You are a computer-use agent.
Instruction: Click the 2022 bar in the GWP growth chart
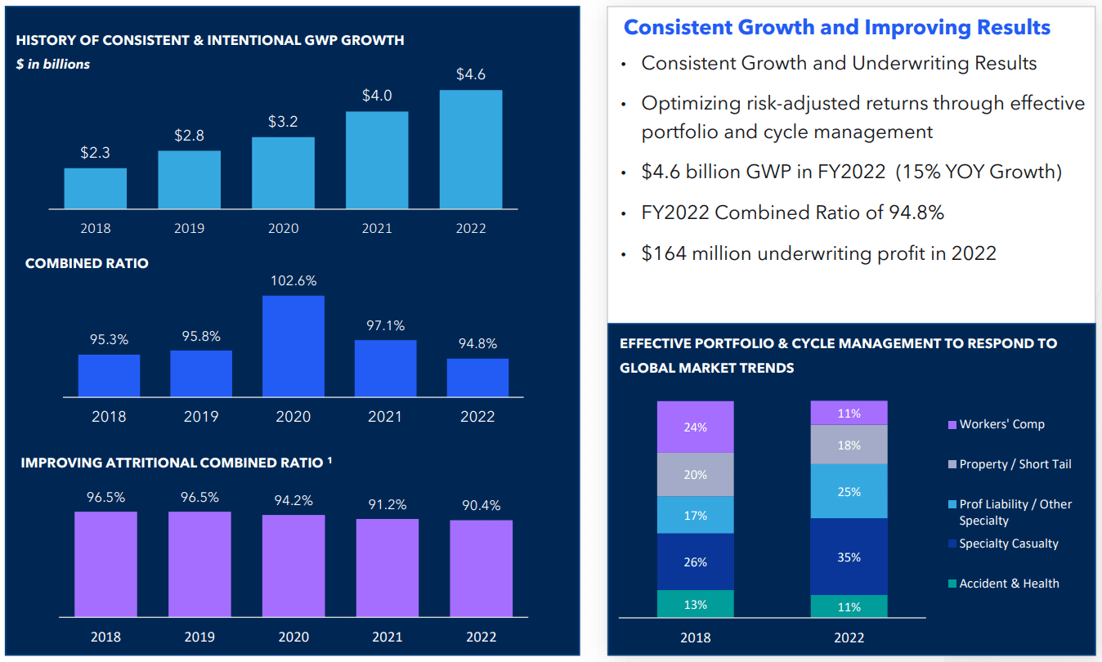tap(471, 149)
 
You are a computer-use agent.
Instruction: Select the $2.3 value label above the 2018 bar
tap(95, 153)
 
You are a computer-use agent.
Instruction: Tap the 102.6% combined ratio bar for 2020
tap(293, 346)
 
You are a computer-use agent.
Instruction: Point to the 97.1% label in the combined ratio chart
tap(385, 325)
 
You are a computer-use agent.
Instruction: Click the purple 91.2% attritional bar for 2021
tap(387, 567)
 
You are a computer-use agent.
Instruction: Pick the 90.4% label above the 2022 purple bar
tap(481, 506)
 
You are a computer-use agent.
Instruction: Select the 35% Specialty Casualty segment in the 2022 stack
tap(849, 557)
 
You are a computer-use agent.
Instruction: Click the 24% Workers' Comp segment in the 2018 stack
tap(695, 427)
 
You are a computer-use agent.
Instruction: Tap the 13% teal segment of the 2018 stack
tap(695, 604)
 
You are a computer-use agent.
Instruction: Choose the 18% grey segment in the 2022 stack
tap(849, 445)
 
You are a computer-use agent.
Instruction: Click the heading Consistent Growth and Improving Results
tap(836, 27)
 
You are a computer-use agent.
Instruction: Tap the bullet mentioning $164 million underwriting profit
tap(818, 253)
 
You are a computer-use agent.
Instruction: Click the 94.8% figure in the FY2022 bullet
tap(915, 212)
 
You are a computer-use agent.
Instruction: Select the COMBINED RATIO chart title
tap(87, 264)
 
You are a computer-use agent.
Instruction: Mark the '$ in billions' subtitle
tap(53, 64)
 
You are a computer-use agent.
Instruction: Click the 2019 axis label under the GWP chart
tap(189, 229)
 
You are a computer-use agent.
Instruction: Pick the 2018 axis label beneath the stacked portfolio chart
tap(695, 637)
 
